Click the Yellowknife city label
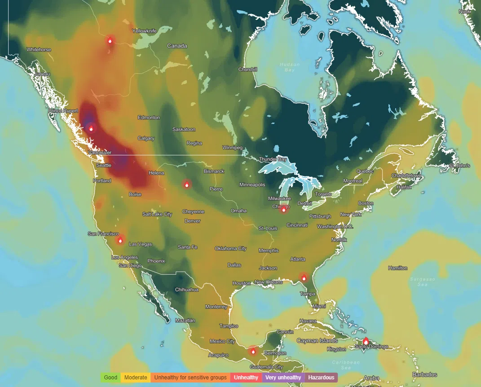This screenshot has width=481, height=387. (144, 31)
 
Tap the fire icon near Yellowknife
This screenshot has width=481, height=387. (110, 40)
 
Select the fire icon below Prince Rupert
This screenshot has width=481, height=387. (91, 128)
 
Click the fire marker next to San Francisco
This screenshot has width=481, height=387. (120, 240)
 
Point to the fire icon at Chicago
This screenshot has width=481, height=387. (283, 209)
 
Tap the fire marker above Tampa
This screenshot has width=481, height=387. (304, 278)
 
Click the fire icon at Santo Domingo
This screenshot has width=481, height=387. (366, 342)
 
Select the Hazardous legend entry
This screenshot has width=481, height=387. (321, 378)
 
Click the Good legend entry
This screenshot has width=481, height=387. (110, 378)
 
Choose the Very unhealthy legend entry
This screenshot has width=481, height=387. (283, 378)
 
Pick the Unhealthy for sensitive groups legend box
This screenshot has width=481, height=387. (190, 378)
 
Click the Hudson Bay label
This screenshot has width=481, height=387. (289, 67)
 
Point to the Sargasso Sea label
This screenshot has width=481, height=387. (422, 282)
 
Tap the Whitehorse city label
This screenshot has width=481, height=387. (39, 49)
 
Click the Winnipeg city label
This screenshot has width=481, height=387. (232, 147)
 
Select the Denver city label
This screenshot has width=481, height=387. (192, 221)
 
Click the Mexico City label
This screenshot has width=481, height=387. (222, 341)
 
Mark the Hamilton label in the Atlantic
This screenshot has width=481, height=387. (397, 268)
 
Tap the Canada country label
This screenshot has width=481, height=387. (177, 46)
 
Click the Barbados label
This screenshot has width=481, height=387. (424, 374)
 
